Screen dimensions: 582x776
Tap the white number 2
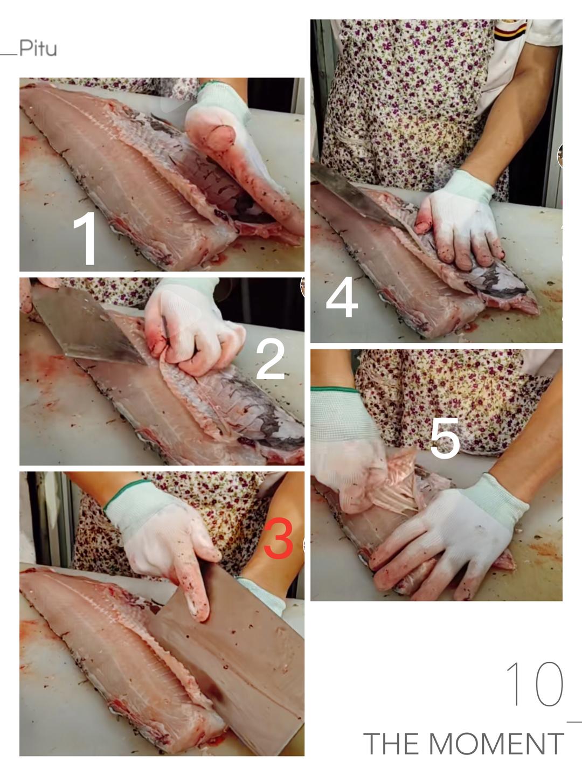point(270,359)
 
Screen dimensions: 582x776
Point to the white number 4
point(342,297)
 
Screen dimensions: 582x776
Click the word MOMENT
point(496,744)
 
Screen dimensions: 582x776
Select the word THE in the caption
point(392,744)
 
